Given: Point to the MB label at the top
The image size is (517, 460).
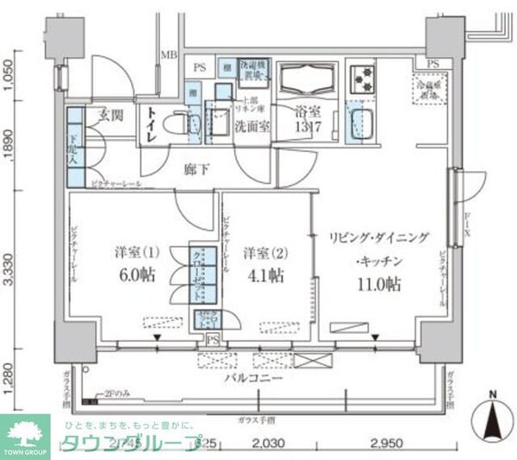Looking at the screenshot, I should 168,57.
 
